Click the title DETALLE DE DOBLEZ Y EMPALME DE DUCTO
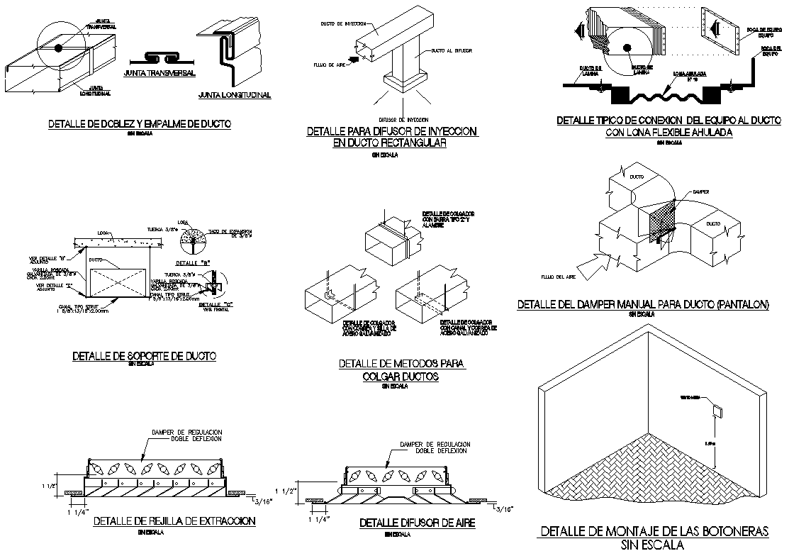point(139,124)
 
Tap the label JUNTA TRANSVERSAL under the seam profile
point(160,73)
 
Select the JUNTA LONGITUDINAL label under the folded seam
point(235,94)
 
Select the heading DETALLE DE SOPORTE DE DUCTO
point(144,355)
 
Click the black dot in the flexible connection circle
point(627,48)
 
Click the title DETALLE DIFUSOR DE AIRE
point(417,523)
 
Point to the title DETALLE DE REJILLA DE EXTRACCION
point(174,521)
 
